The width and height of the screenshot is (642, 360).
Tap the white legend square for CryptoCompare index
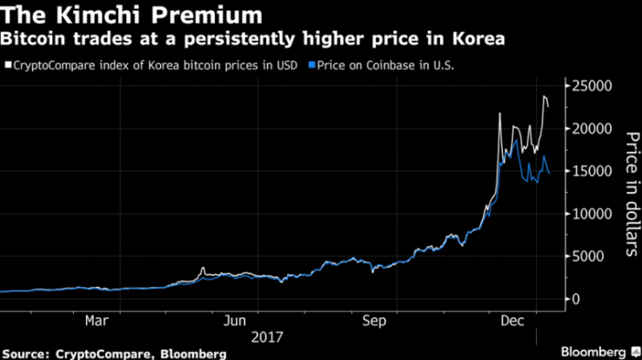9,64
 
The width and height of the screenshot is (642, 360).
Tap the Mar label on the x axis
97,319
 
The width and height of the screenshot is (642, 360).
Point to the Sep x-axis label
374,319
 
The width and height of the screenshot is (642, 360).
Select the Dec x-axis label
513,319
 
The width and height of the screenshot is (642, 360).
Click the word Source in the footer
32,353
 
